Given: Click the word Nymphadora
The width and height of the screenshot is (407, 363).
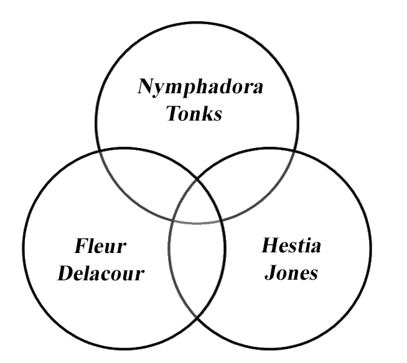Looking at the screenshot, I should click(200, 87).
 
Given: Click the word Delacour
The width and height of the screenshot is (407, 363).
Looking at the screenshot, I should click(100, 273).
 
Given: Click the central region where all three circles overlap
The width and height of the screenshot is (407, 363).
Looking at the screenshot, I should click(197, 202).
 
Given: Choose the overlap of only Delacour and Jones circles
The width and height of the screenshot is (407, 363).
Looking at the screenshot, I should click(197, 273).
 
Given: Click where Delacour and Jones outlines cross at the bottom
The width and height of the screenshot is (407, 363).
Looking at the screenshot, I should click(197, 319).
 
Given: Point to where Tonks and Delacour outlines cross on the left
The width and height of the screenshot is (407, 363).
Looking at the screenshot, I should click(100, 150).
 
